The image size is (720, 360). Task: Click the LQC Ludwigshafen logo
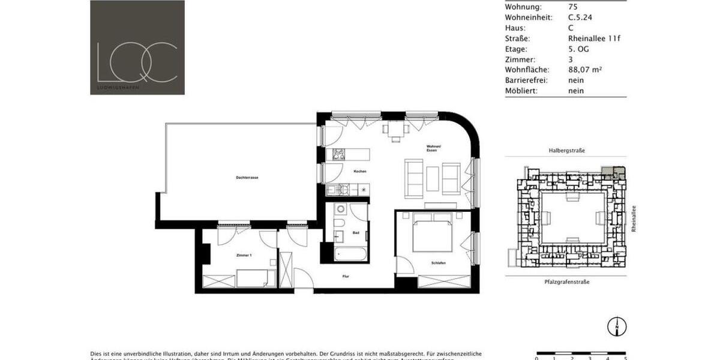[x=137, y=47]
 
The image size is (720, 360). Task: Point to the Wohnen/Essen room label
[x=434, y=148]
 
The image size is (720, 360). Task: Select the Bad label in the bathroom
[x=356, y=233]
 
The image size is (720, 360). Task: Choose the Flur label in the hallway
[x=346, y=277]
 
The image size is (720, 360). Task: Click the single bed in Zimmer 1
[x=256, y=278]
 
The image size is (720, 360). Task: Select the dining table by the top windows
[x=395, y=130]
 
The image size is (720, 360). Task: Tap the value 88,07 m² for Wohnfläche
[x=585, y=70]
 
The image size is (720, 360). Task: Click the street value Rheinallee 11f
[x=594, y=38]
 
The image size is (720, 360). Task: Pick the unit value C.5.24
[x=580, y=18]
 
